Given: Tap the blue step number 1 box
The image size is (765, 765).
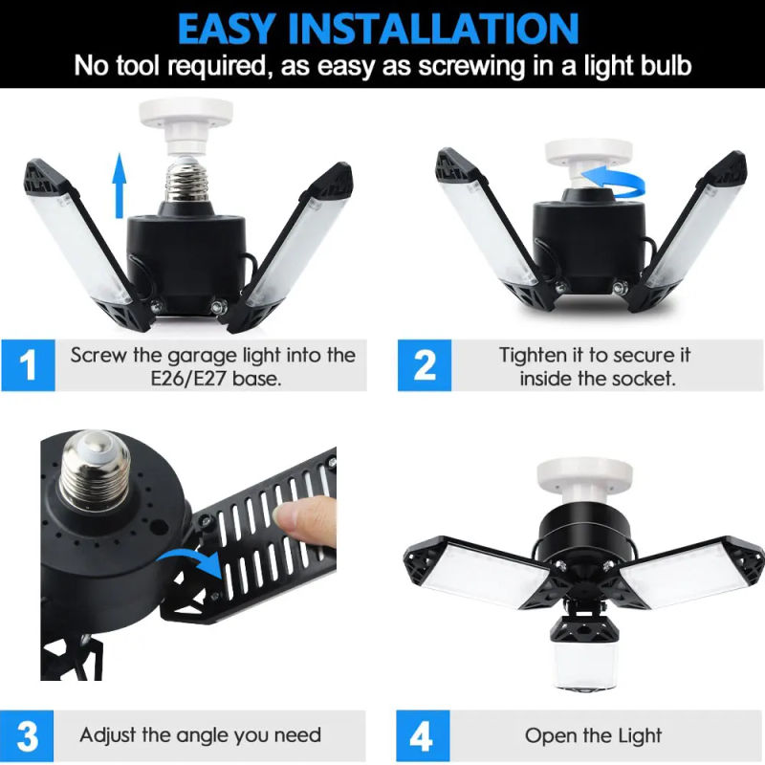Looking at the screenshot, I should click(x=28, y=366).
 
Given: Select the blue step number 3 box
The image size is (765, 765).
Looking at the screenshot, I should click(x=28, y=736).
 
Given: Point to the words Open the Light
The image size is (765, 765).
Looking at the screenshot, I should click(x=593, y=735).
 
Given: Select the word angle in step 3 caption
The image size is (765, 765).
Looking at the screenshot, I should click(x=209, y=735).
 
